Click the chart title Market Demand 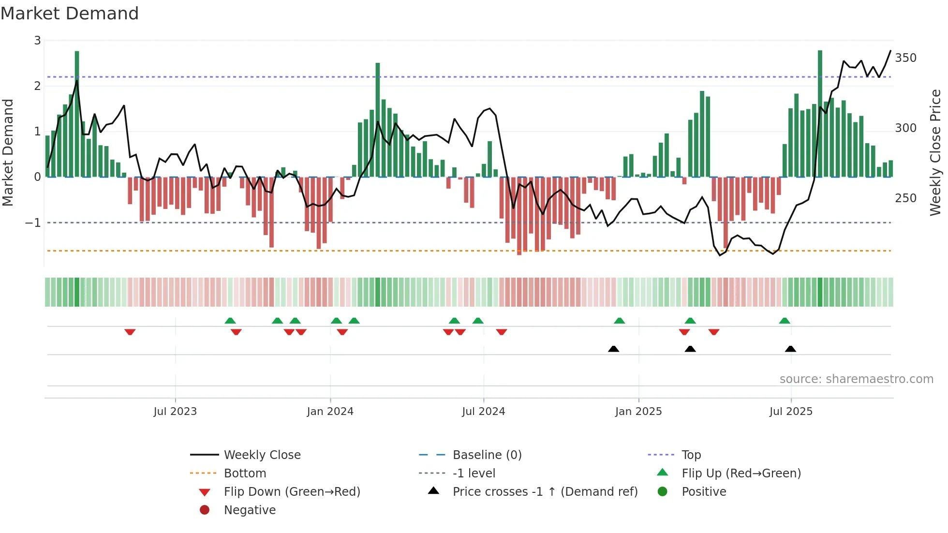(x=70, y=14)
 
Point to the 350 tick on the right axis (x=905, y=58)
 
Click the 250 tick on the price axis (x=905, y=198)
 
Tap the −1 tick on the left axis (x=33, y=223)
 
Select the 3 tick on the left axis (x=37, y=41)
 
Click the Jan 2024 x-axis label (x=330, y=412)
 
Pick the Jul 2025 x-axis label (x=791, y=412)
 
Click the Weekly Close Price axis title (x=935, y=152)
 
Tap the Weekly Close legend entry (x=262, y=455)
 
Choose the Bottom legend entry (x=245, y=474)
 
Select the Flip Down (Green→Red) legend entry (x=292, y=492)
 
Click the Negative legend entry (x=250, y=510)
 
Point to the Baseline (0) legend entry (x=487, y=455)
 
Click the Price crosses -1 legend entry (x=545, y=492)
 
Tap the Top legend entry (x=691, y=455)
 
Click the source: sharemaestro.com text (x=856, y=379)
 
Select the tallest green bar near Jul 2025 (x=820, y=114)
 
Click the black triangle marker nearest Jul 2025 (x=790, y=349)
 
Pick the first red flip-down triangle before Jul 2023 (x=130, y=332)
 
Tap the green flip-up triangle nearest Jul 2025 (x=785, y=321)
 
